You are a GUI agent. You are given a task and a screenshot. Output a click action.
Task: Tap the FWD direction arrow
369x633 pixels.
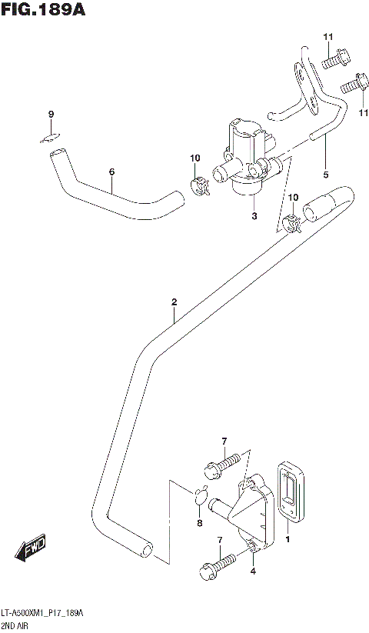31,548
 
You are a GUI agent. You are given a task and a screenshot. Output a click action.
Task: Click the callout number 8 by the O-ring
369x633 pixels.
199,524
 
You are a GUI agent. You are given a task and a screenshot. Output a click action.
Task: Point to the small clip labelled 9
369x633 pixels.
51,138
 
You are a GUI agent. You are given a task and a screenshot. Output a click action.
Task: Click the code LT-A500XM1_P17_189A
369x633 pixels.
47,612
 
